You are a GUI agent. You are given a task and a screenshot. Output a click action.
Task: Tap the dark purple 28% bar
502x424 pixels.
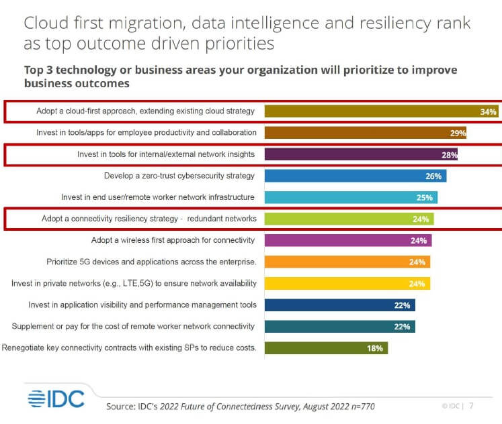tap(362, 154)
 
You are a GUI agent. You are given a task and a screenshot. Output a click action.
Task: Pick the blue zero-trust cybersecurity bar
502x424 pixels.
tap(355, 176)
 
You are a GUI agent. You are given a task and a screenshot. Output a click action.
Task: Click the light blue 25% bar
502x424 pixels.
tap(351, 197)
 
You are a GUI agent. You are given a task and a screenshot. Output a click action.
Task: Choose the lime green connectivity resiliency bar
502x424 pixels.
tap(349, 219)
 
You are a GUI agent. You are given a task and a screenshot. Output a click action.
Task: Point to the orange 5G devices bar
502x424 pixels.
tap(347, 262)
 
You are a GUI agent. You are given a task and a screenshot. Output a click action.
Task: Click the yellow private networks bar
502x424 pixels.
tap(347, 283)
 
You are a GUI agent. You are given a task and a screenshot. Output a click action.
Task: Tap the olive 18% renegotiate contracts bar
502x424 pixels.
tap(326, 348)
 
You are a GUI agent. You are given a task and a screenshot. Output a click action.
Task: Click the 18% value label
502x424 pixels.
tap(375, 348)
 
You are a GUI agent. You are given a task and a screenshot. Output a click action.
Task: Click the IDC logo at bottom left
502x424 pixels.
tap(56, 399)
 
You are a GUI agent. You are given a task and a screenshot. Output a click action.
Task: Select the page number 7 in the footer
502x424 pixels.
tap(471, 406)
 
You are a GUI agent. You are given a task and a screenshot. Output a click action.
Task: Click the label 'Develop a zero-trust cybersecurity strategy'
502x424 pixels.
tap(179, 176)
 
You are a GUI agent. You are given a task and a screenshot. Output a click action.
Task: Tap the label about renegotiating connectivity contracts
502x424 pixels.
tap(129, 348)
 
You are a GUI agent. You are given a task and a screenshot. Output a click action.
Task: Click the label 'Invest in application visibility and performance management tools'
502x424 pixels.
tap(142, 305)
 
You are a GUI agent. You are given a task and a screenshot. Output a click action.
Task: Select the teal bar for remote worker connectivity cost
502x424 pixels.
tap(339, 326)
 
